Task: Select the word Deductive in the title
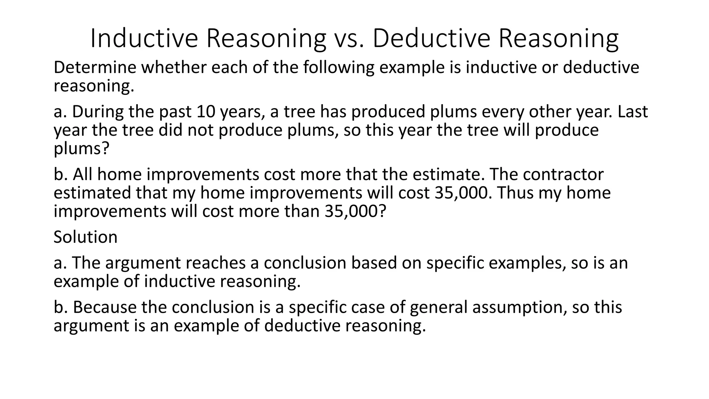(431, 38)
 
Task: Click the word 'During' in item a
(98, 112)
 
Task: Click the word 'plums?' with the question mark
(82, 149)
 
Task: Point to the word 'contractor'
(563, 174)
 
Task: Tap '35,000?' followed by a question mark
(355, 211)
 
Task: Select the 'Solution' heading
(86, 237)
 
